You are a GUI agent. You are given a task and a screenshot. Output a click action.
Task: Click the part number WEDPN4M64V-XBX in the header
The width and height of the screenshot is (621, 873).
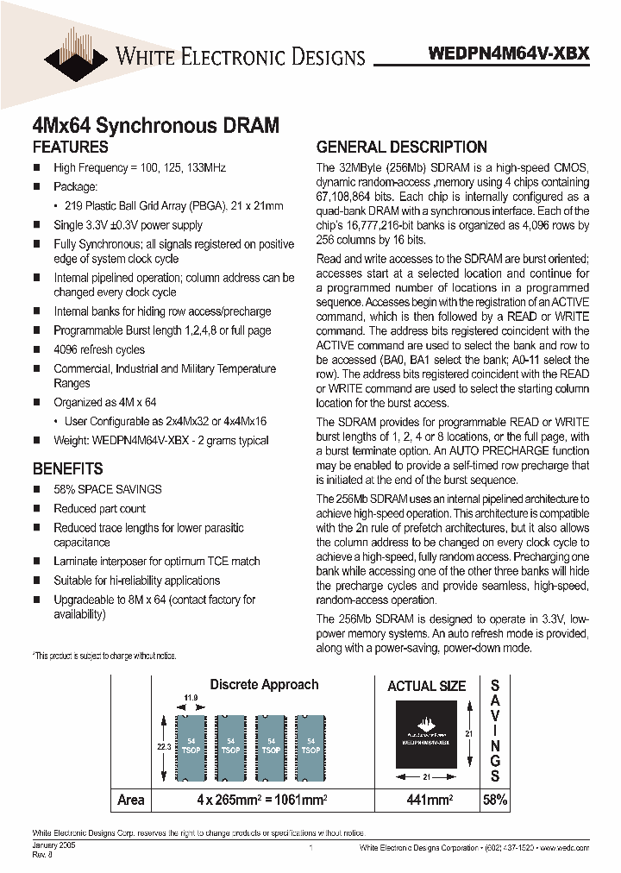click(509, 53)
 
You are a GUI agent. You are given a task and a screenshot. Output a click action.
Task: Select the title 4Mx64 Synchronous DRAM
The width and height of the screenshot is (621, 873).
click(155, 125)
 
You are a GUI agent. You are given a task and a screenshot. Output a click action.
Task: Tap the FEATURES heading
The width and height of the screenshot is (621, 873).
click(71, 147)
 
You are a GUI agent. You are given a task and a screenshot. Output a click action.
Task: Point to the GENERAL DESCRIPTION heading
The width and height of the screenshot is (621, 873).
click(401, 147)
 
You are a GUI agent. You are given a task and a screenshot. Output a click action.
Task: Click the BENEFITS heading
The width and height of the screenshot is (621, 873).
click(68, 469)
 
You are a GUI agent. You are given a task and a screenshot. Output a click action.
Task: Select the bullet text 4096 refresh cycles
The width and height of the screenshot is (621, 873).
click(99, 349)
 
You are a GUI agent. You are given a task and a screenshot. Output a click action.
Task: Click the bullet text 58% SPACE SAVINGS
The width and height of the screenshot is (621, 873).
click(108, 489)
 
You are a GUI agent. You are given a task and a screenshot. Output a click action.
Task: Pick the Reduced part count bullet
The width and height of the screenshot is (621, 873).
click(99, 508)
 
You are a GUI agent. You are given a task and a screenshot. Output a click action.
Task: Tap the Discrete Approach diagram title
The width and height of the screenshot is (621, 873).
click(264, 684)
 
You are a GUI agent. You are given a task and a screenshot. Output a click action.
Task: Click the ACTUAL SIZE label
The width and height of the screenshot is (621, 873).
click(426, 687)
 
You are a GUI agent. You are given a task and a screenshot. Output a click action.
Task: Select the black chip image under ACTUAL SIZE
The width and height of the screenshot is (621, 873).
click(426, 735)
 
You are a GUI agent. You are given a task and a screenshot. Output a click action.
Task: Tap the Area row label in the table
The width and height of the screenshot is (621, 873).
click(131, 800)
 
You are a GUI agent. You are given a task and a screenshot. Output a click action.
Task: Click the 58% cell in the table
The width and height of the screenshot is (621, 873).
click(494, 800)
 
